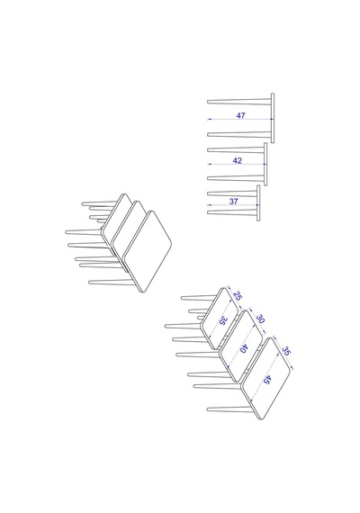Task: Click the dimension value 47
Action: click(240, 115)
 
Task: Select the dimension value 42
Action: click(238, 160)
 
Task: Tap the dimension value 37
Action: click(233, 202)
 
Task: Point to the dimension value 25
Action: click(238, 296)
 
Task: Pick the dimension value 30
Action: click(260, 319)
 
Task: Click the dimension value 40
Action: click(243, 349)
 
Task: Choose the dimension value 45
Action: click(267, 380)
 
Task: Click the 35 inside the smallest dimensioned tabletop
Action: click(222, 320)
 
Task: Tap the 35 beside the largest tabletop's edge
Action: click(286, 351)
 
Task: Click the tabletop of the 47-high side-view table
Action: click(273, 118)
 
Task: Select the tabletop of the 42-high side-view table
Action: click(265, 164)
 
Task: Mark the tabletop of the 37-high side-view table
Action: click(258, 203)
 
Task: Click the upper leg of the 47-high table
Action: click(239, 102)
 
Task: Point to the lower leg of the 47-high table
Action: click(239, 134)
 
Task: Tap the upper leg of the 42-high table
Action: click(236, 149)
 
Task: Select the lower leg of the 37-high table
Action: click(232, 212)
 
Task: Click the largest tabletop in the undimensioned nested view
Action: click(147, 251)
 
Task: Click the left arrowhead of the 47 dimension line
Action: click(209, 120)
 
